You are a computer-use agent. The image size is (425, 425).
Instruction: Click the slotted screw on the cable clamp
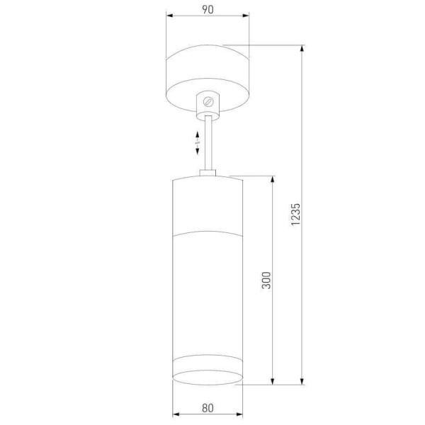pos(208,102)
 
